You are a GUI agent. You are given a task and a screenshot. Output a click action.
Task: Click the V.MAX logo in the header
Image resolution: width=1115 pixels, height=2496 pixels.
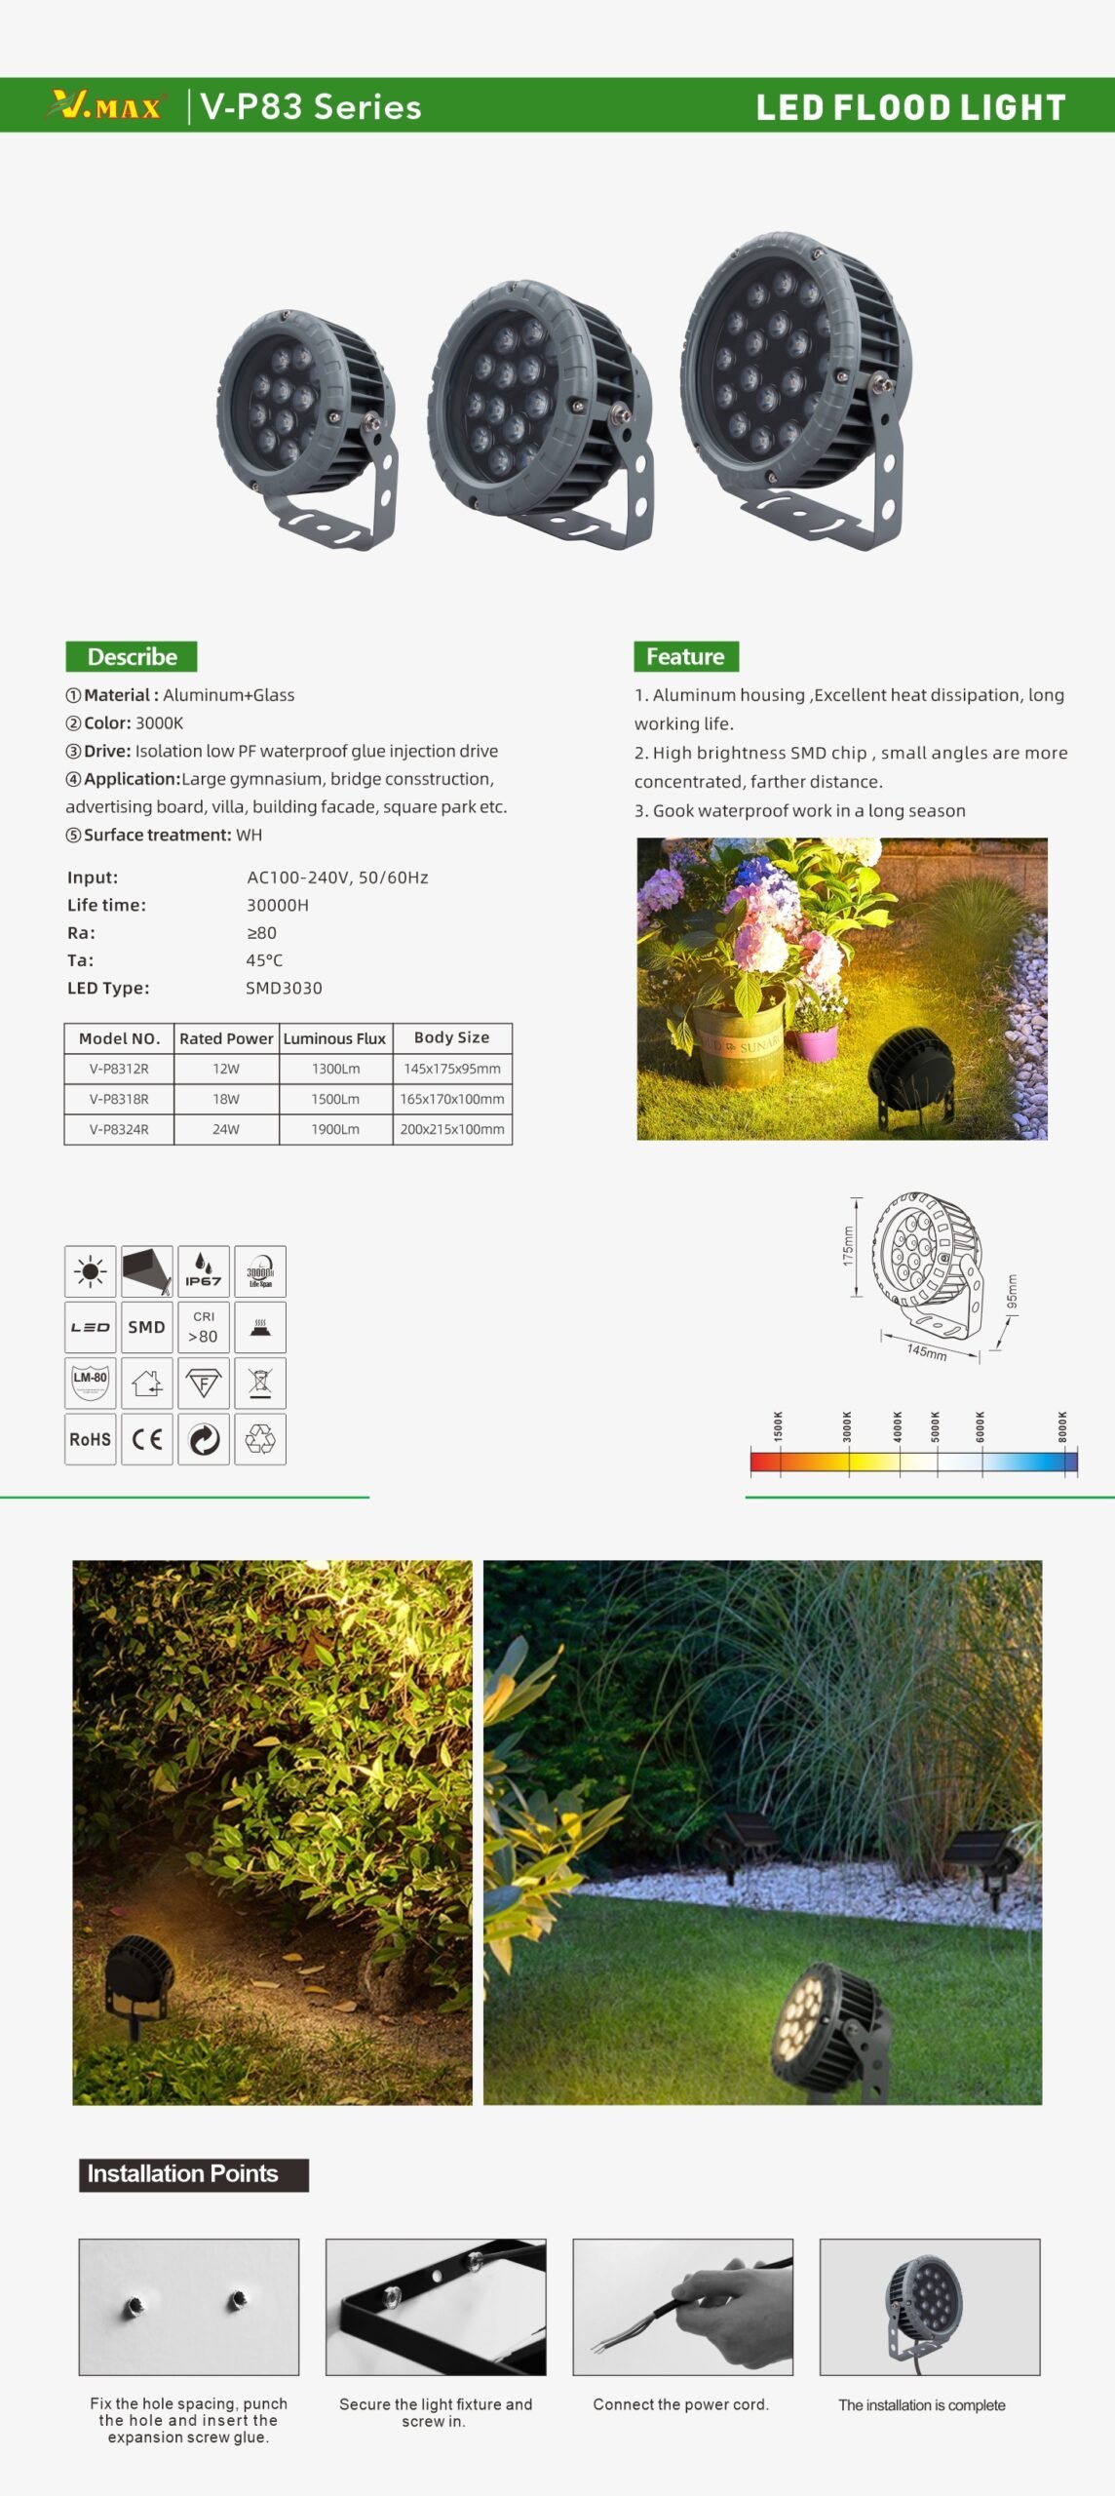105,105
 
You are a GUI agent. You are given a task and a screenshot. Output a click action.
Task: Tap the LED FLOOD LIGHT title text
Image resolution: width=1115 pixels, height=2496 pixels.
910,107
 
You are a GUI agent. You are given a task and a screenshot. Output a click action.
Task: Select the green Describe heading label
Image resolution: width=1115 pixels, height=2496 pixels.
132,656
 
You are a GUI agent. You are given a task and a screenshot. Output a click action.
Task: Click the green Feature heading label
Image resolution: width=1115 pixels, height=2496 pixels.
685,656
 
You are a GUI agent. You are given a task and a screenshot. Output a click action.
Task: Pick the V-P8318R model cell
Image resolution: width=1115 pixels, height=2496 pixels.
119,1099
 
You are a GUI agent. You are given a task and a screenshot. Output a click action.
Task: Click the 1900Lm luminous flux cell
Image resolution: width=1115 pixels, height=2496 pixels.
335,1129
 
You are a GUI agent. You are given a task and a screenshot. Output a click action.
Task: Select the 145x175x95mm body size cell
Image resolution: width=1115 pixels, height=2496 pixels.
452,1069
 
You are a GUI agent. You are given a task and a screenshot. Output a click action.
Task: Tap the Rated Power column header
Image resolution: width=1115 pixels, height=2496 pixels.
226,1038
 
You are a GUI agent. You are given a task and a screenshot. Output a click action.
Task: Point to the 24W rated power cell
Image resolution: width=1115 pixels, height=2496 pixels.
226,1129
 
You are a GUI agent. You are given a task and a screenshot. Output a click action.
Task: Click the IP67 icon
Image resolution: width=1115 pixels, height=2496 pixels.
203,1270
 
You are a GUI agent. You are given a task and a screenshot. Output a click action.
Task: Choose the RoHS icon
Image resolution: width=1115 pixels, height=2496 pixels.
90,1439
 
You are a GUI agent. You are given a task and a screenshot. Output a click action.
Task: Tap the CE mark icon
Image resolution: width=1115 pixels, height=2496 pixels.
147,1439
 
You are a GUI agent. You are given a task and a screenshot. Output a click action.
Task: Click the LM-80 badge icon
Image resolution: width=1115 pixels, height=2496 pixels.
90,1382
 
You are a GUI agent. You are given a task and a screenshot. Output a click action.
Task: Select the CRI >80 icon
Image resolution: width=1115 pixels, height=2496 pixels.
203,1327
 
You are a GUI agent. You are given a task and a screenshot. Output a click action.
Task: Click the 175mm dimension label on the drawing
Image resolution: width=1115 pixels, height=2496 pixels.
848,1245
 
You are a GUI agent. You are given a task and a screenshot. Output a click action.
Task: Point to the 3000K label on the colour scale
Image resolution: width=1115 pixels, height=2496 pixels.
847,1425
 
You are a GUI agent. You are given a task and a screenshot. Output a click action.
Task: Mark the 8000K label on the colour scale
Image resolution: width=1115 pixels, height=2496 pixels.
1062,1425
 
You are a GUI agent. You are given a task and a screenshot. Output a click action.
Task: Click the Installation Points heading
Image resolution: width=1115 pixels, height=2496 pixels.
183,2173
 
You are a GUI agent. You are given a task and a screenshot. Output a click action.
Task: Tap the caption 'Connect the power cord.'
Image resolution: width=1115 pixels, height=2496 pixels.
680,2404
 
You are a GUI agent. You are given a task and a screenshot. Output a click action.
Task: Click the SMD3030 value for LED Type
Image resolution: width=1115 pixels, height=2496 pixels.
284,988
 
